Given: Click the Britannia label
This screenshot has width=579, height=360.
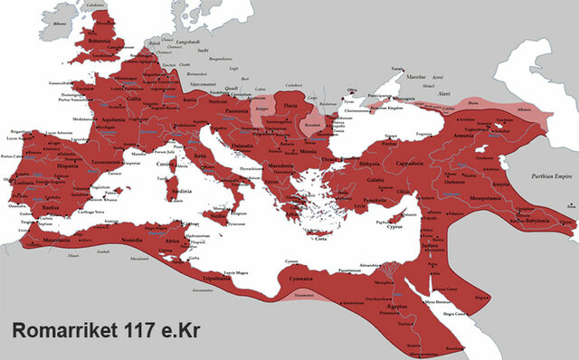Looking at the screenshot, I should click(97, 41).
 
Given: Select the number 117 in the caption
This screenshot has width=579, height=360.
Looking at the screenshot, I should click(151, 331).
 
